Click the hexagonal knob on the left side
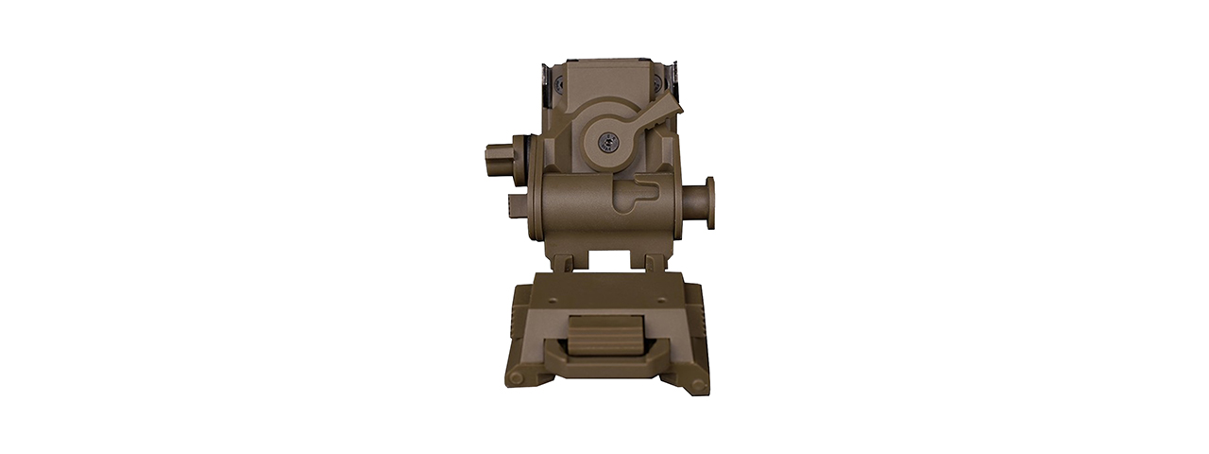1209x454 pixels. [498, 155]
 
